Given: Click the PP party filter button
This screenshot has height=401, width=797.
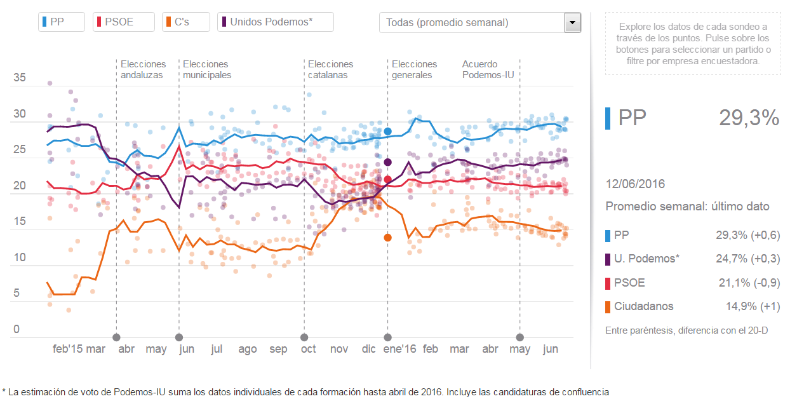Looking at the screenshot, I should tap(62, 22).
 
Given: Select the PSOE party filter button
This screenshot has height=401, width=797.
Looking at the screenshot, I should tap(124, 22).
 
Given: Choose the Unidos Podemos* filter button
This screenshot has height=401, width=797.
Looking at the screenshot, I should tap(275, 22).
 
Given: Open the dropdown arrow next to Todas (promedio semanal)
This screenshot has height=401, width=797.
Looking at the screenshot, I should tap(573, 23).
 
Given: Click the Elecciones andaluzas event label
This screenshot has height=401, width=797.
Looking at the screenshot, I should tap(143, 69).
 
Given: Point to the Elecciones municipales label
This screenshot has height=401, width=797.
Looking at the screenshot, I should tap(206, 69).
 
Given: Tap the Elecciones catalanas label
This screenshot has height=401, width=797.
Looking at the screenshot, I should tap(330, 69).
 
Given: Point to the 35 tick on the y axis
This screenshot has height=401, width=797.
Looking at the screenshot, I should tap(20, 78).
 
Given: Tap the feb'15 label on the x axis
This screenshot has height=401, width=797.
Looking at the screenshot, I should tap(68, 349).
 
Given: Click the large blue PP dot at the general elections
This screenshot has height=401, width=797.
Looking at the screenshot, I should tap(387, 132).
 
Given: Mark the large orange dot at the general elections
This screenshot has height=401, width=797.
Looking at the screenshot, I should tap(387, 238).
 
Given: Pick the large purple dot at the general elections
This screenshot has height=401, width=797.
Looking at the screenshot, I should tap(387, 162).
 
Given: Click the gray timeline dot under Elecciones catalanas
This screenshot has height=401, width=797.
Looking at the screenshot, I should tap(304, 337).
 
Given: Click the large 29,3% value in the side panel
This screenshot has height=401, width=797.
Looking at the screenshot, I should tap(749, 118).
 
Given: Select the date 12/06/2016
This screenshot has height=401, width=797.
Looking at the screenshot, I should tap(635, 184).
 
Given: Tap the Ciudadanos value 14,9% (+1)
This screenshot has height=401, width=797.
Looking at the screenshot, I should tap(753, 306).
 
